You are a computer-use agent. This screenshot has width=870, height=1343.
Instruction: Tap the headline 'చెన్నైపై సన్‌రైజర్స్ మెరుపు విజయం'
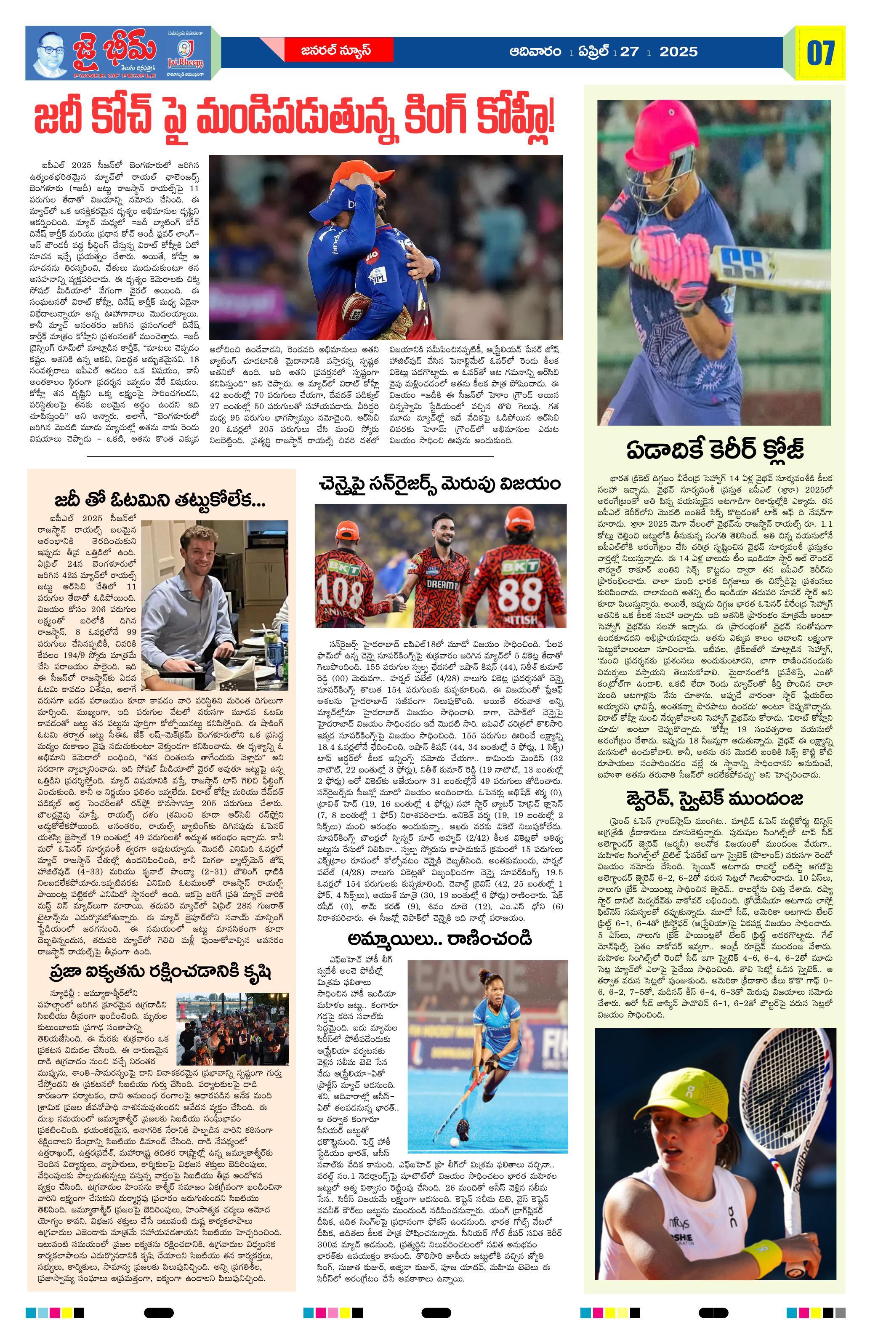click(x=439, y=484)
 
